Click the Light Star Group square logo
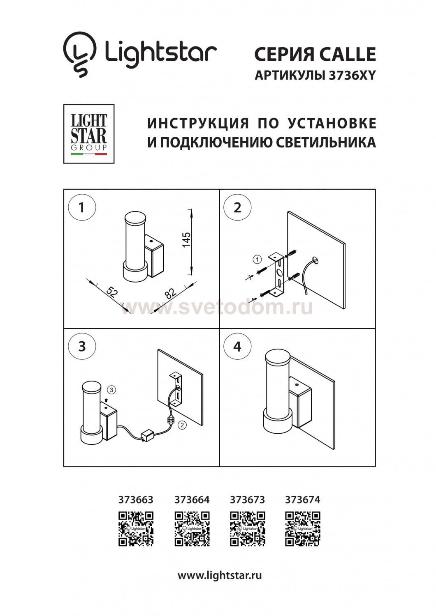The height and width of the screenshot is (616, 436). (x=89, y=133)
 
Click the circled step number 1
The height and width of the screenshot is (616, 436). (x=81, y=207)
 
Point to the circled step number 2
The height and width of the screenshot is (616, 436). (x=237, y=207)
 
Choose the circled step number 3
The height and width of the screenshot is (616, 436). (x=81, y=346)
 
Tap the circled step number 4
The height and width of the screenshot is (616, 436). (x=237, y=346)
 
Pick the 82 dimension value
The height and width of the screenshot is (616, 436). (x=170, y=293)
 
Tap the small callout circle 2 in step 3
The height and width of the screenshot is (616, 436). (x=182, y=425)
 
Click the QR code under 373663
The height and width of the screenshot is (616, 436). (x=136, y=529)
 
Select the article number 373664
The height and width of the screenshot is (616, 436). (x=192, y=500)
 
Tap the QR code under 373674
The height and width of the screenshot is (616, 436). (x=303, y=529)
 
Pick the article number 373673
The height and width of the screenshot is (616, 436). (x=247, y=500)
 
